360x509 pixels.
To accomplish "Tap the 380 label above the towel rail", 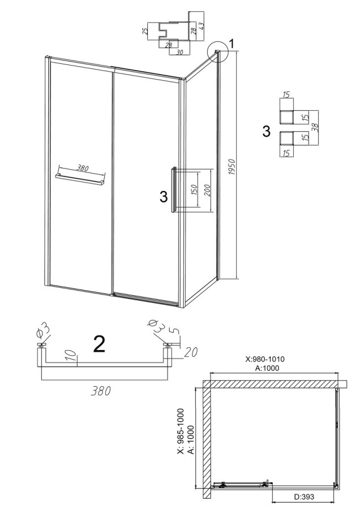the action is pos(83,168).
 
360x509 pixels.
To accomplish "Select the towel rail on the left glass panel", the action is pos(80,179).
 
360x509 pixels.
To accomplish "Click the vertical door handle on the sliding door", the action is pos(174,190).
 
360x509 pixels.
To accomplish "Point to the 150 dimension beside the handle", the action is pos(194,190).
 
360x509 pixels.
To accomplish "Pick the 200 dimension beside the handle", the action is pos(207,190).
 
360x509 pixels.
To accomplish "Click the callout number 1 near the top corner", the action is pos(232,44).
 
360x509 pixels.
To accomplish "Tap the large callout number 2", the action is pos(99,344).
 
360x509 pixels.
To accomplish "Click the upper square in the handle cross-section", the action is pos(286,117).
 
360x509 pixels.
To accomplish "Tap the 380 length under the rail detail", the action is pos(100,391).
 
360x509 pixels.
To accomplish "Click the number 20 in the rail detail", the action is pos(191,352).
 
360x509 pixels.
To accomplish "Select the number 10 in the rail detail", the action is pos(74,356).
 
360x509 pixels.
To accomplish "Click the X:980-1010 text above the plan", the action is pos(265,359).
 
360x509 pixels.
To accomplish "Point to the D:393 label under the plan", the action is pos(304,497).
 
